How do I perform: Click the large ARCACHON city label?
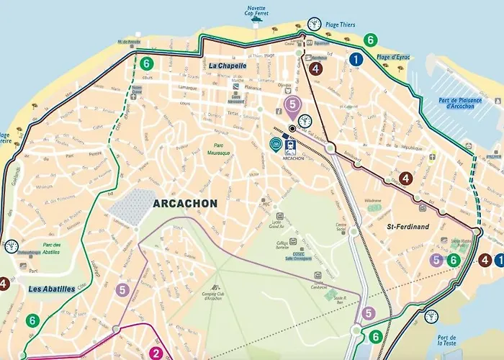(x=185, y=204)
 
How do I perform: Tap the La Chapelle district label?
(x=228, y=66)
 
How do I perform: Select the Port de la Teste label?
(x=446, y=342)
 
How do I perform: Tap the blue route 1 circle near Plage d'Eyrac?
(x=355, y=60)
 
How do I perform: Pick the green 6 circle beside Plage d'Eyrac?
(x=370, y=40)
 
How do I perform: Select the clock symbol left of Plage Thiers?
(x=314, y=24)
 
